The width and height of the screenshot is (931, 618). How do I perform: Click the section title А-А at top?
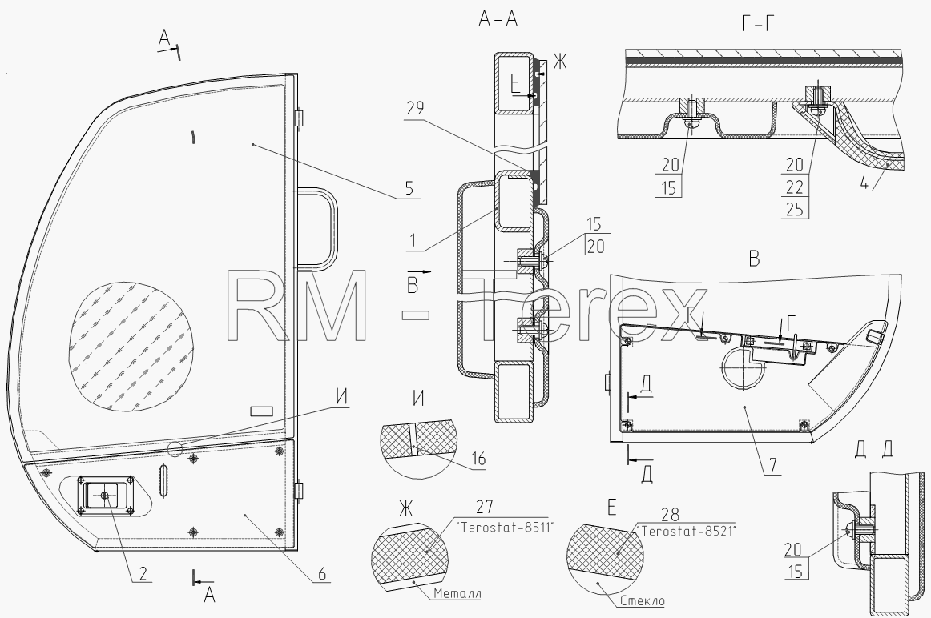click(498, 19)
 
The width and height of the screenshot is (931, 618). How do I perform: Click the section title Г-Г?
click(758, 23)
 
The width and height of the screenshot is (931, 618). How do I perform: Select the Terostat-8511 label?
click(504, 526)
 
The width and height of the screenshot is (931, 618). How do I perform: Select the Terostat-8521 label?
click(685, 531)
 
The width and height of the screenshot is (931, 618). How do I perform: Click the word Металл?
click(457, 593)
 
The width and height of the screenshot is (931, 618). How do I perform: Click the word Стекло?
click(642, 601)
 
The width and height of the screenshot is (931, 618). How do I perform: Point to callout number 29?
click(416, 109)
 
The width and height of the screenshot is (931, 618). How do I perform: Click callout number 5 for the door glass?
click(409, 188)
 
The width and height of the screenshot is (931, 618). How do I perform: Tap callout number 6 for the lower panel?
click(322, 573)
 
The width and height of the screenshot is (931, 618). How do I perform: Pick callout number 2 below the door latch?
click(143, 573)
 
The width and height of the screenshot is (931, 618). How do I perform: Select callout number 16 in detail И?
click(478, 459)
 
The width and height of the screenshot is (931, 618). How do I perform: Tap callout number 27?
click(485, 508)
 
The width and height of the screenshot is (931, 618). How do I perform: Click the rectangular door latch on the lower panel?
click(105, 494)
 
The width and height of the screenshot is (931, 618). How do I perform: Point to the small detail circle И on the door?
click(175, 449)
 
